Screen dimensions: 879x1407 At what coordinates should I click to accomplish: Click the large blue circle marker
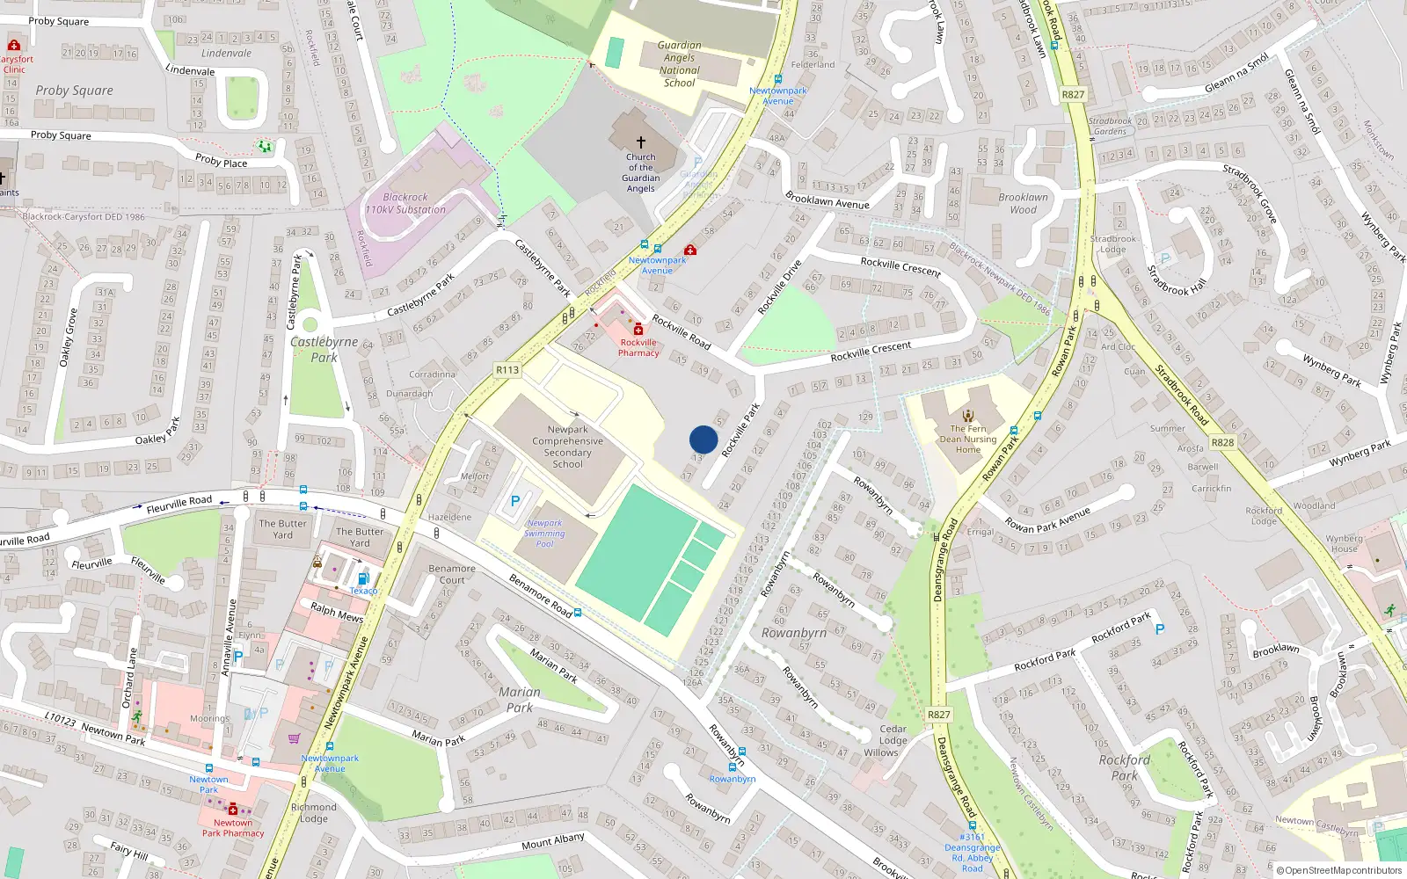tap(703, 439)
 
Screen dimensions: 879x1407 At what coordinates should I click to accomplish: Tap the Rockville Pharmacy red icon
tap(638, 330)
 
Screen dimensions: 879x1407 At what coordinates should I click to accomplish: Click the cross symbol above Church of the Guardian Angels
tap(641, 142)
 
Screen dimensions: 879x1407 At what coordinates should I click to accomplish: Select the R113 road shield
tap(507, 370)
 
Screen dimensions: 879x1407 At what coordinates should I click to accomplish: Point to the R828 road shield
tap(1222, 442)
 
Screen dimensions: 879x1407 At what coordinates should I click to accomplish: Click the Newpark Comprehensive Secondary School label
tap(568, 447)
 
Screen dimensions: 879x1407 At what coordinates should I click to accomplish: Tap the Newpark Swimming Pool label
tap(545, 534)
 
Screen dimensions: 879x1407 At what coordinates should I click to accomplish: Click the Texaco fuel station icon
tap(363, 578)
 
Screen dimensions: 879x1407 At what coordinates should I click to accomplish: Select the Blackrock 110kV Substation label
tap(405, 204)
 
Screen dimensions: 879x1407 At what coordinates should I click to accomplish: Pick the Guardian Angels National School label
tap(680, 64)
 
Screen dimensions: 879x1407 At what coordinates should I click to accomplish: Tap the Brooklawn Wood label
tap(1023, 204)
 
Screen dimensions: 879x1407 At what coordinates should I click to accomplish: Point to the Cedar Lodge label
tap(893, 735)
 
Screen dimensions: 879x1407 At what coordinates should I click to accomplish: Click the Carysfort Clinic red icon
tap(13, 46)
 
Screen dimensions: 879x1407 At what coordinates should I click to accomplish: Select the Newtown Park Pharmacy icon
tap(232, 809)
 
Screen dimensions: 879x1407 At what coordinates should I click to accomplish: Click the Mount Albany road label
tap(553, 842)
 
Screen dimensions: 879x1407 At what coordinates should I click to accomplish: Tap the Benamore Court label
tap(452, 574)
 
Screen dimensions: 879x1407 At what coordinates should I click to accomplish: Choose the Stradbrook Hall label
tap(1177, 280)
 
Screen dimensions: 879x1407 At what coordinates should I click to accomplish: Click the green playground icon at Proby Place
tap(265, 147)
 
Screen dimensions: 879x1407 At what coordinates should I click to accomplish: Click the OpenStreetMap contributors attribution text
tap(1339, 870)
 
